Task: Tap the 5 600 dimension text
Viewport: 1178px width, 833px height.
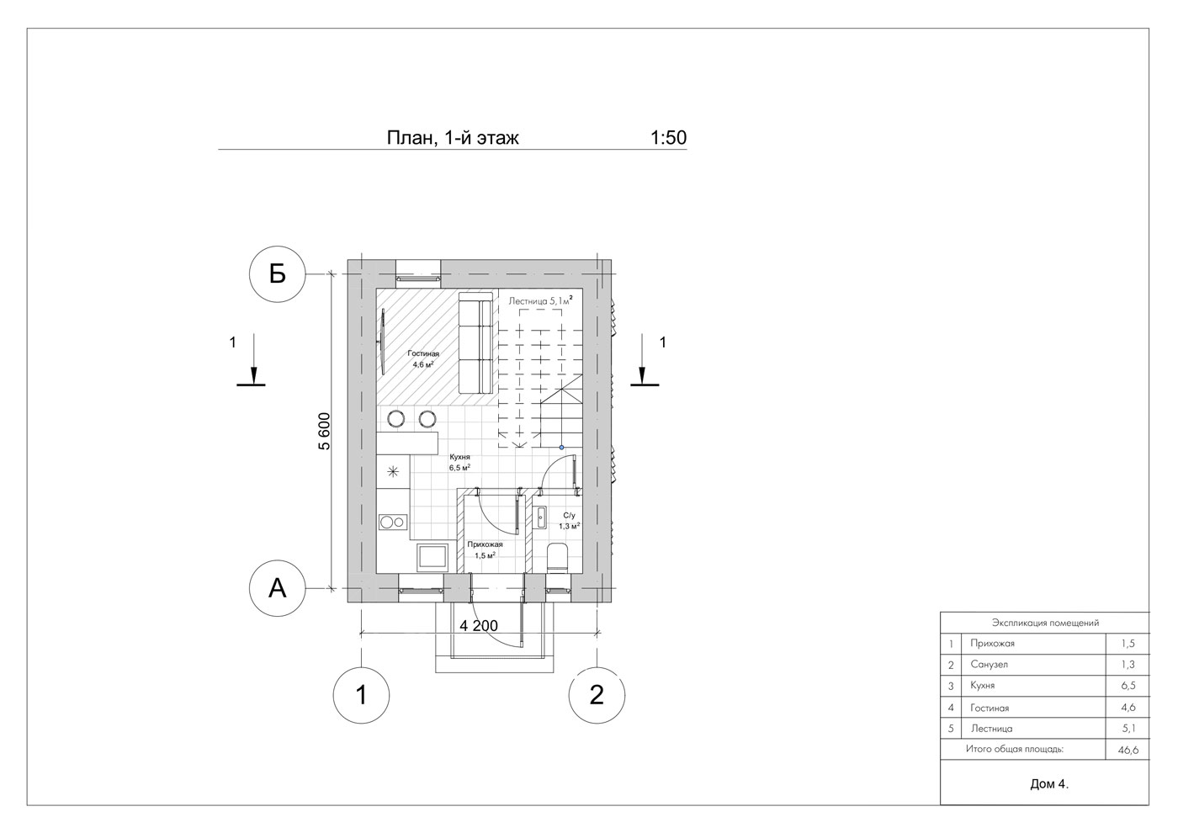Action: coord(325,431)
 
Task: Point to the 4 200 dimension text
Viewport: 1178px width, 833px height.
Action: coord(479,626)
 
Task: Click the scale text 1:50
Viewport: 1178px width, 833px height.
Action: coord(668,138)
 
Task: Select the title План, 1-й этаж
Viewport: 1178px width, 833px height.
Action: coord(453,138)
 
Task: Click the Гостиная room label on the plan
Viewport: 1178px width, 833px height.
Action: coord(422,354)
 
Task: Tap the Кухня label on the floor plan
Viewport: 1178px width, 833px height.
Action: coord(459,457)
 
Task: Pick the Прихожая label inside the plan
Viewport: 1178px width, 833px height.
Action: coord(485,544)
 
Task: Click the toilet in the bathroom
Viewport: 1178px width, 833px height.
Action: coord(557,558)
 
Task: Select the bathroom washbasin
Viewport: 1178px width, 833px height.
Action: coord(540,518)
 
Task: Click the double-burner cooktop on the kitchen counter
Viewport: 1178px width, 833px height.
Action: coord(393,523)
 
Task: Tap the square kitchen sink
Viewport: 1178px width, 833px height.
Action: coord(432,557)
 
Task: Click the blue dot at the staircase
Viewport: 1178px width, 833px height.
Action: coord(562,448)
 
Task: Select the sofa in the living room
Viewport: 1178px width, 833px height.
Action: coord(476,343)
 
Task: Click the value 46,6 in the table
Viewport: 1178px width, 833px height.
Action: coord(1128,751)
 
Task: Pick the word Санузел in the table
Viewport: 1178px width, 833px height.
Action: coord(990,664)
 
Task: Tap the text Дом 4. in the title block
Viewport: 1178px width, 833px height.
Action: coord(1049,784)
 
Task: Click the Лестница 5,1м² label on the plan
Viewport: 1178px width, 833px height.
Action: coord(540,301)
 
